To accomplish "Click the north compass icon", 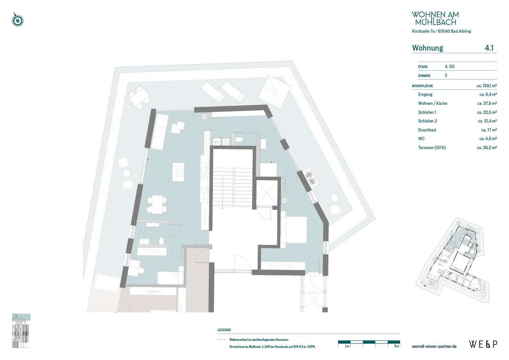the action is (x=17, y=20).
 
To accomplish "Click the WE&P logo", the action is (x=483, y=344).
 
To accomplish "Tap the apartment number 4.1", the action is (x=489, y=48).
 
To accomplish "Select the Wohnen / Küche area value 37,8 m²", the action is (x=487, y=103).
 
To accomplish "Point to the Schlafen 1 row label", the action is (x=427, y=112).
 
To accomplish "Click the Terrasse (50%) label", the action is (x=432, y=148).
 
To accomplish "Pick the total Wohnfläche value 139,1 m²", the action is (x=487, y=86).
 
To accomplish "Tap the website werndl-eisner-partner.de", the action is (x=434, y=346).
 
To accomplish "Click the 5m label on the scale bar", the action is (x=396, y=346).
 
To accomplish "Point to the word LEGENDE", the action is (x=224, y=330).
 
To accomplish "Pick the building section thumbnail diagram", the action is (x=21, y=330).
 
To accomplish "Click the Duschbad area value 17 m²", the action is (x=489, y=130).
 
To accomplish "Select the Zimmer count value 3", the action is (x=446, y=75).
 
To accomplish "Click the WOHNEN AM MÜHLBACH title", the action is (x=435, y=18).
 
